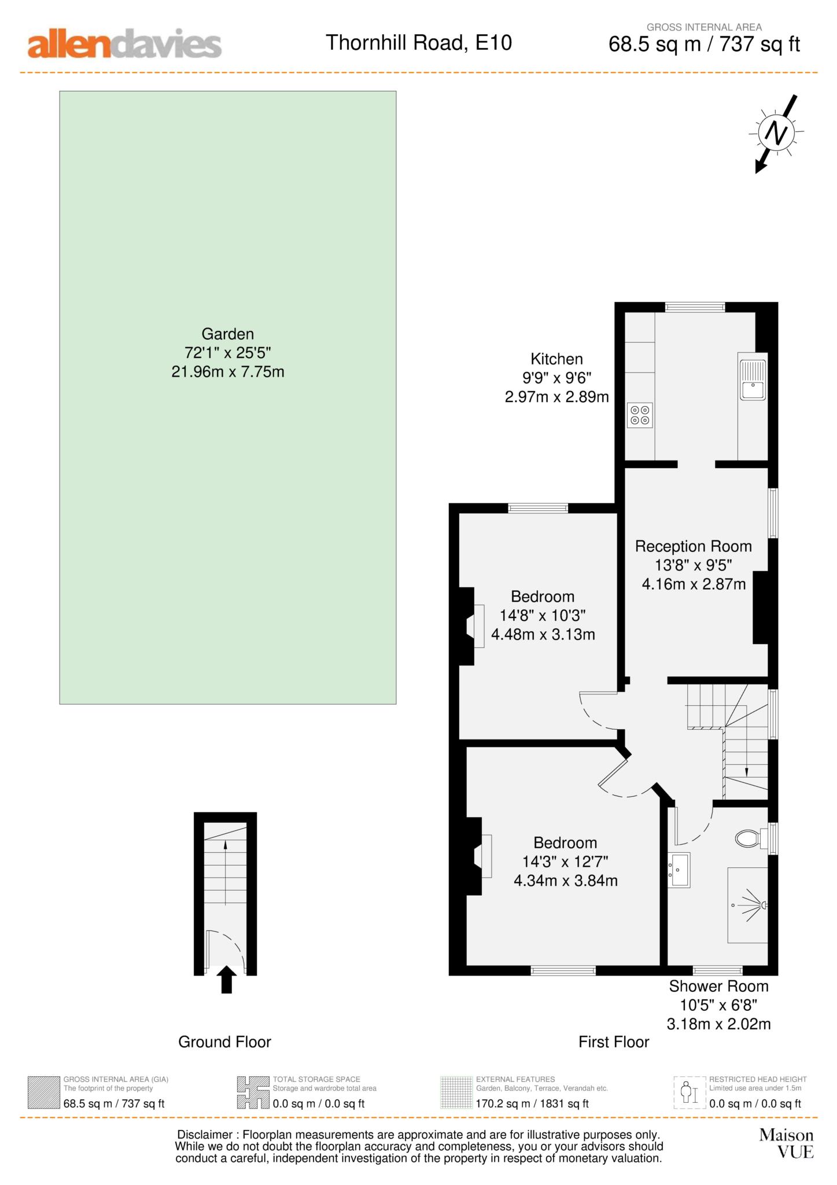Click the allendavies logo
[124, 44]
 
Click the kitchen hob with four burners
[639, 415]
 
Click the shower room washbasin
[679, 870]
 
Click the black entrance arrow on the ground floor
[226, 980]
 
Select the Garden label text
[227, 334]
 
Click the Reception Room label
[693, 546]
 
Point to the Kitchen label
[556, 359]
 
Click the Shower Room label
[718, 986]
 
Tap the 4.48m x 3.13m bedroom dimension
[543, 635]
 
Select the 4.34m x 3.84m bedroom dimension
[565, 881]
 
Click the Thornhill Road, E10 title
[419, 43]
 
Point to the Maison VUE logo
[786, 1143]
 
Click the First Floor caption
[613, 1042]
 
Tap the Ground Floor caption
[224, 1042]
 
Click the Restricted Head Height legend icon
[690, 1092]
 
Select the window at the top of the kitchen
[695, 307]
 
